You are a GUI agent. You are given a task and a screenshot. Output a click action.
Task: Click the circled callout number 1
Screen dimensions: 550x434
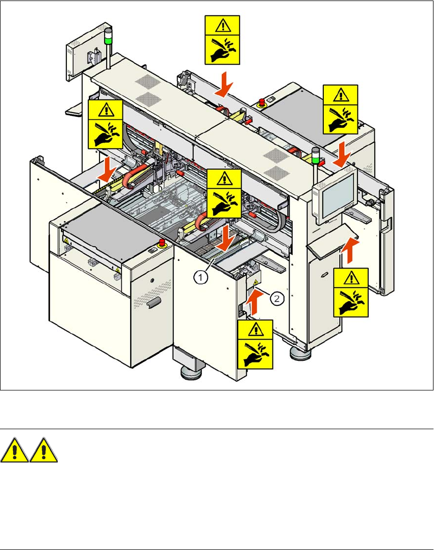point(202,278)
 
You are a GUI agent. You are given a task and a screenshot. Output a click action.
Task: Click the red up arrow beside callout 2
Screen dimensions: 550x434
point(253,303)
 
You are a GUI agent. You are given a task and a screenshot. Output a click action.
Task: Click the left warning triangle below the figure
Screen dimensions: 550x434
point(15,450)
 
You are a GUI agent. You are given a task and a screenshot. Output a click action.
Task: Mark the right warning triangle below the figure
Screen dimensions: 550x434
point(43,450)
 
